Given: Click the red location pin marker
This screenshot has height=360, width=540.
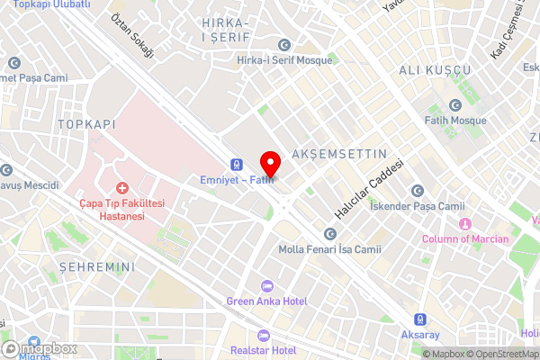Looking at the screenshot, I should click(x=269, y=164).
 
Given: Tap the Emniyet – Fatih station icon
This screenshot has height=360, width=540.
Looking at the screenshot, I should click(x=237, y=165).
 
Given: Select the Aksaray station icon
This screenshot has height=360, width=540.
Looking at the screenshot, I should click(x=419, y=319).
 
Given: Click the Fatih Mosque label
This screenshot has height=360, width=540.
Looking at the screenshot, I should click(x=455, y=121).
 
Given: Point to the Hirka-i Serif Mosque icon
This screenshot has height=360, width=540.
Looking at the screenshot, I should click(x=284, y=45).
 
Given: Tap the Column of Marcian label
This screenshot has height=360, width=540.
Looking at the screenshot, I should click(x=466, y=238).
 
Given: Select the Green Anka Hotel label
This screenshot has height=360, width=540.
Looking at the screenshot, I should click(x=266, y=301).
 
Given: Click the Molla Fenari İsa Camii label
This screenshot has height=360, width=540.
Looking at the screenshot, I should click(x=330, y=249).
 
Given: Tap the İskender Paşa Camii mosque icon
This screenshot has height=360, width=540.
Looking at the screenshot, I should click(x=417, y=190).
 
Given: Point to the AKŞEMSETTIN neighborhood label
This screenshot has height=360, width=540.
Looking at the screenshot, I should click(x=339, y=155).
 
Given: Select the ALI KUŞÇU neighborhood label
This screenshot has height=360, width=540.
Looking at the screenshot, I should click(x=435, y=70).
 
